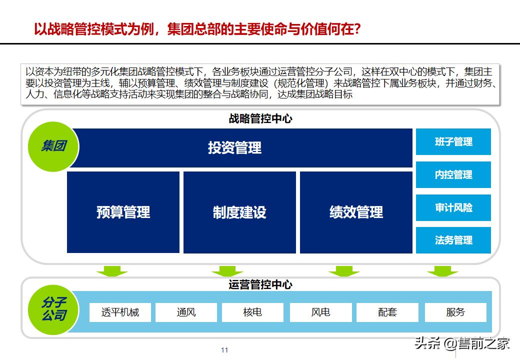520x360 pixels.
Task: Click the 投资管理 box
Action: [235, 147]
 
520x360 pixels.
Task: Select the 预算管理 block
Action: [123, 212]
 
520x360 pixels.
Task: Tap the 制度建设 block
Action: [239, 212]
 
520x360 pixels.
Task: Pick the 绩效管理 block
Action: [356, 212]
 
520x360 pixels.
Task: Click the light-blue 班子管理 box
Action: [453, 142]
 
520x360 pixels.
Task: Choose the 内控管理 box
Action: [453, 174]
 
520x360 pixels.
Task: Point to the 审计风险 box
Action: [453, 207]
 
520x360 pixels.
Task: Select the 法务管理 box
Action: [453, 240]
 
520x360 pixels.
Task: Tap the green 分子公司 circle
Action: [53, 308]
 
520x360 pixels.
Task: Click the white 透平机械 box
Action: [120, 312]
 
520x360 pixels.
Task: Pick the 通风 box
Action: [186, 312]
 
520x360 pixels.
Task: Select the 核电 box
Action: [252, 312]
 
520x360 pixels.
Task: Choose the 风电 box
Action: [320, 312]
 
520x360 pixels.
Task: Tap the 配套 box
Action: [387, 312]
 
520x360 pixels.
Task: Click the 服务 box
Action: [455, 312]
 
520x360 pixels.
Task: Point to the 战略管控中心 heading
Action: [260, 119]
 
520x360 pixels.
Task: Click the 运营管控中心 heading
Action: [260, 284]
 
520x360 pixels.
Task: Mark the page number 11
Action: [224, 350]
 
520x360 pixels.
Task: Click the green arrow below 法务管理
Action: [442, 271]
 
